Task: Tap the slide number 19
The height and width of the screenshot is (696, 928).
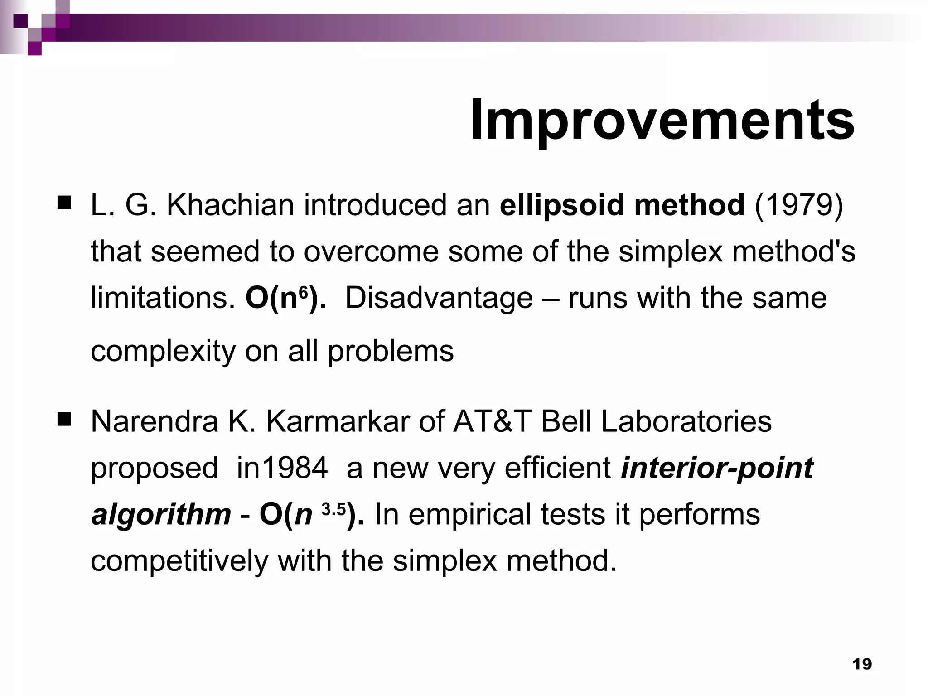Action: (x=862, y=664)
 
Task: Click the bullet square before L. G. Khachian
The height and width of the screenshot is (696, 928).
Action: (x=65, y=203)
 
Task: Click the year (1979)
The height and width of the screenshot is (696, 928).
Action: (x=798, y=205)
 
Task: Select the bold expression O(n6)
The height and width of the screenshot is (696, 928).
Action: (x=285, y=298)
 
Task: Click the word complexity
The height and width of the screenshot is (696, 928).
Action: (x=163, y=352)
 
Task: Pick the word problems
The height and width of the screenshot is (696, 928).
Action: (x=391, y=351)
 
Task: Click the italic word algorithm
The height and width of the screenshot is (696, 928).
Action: (x=161, y=515)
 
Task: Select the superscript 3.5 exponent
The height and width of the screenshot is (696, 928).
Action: (x=333, y=509)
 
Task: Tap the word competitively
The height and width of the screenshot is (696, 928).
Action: (x=179, y=561)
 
